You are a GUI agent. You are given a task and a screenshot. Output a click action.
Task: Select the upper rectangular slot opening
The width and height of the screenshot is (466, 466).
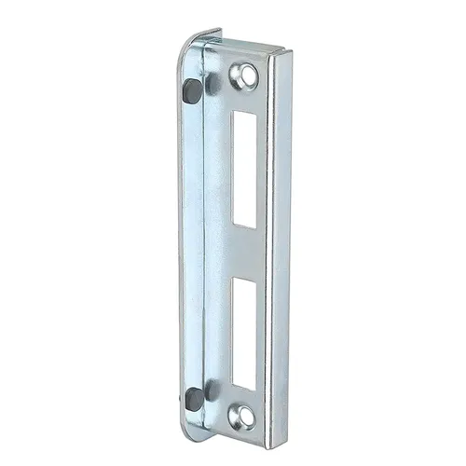245,170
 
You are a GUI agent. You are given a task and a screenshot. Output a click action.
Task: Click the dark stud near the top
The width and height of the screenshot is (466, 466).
192,90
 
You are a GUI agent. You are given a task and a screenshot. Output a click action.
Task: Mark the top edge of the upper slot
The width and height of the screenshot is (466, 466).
247,112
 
